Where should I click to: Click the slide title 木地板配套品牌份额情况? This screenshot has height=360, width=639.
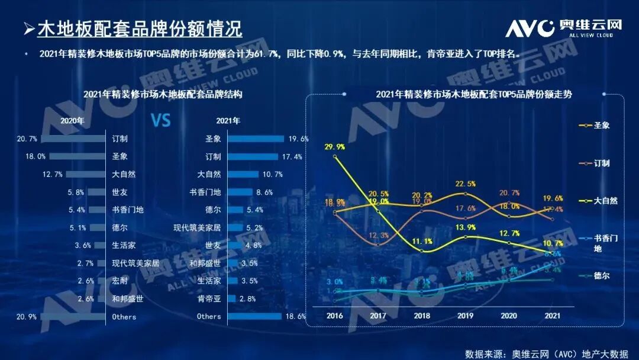pyautogui.click(x=140, y=28)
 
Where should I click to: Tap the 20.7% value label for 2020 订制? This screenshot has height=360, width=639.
pyautogui.click(x=27, y=139)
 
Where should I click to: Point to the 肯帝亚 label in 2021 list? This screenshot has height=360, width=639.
pyautogui.click(x=210, y=299)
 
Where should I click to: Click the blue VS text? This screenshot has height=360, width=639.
pyautogui.click(x=160, y=121)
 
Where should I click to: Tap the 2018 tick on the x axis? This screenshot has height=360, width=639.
pyautogui.click(x=422, y=316)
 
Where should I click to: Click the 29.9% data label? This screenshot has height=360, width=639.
pyautogui.click(x=335, y=146)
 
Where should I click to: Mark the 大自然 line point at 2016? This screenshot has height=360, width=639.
pyautogui.click(x=335, y=157)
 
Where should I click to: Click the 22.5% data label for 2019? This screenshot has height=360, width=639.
pyautogui.click(x=466, y=184)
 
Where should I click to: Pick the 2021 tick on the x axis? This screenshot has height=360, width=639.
pyautogui.click(x=553, y=316)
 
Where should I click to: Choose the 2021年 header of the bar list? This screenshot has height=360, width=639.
pyautogui.click(x=228, y=121)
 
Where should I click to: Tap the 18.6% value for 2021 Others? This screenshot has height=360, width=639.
pyautogui.click(x=296, y=317)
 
